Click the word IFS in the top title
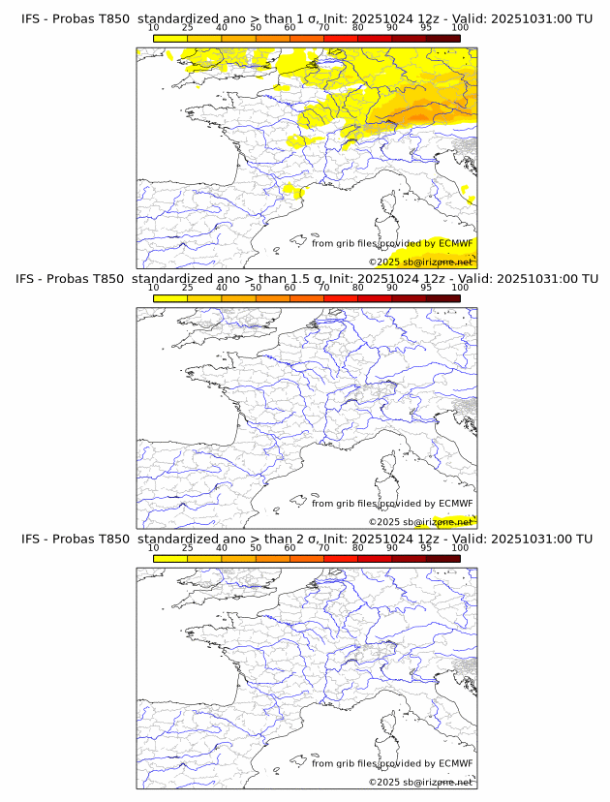(x=33, y=18)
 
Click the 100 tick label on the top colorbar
(x=460, y=27)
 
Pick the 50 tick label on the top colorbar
(x=256, y=27)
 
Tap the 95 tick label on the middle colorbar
(x=426, y=288)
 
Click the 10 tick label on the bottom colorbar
(x=153, y=547)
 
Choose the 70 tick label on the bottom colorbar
(x=323, y=547)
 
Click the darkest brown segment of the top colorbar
(x=442, y=38)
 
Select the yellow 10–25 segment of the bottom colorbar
(x=170, y=558)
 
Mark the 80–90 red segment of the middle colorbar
(x=375, y=298)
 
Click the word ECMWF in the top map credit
(x=456, y=243)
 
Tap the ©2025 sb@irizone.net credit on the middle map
(x=420, y=522)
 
